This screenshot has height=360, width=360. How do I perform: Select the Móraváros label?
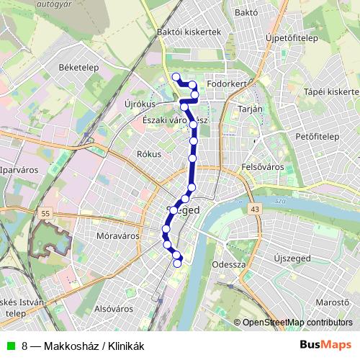(x=117, y=235)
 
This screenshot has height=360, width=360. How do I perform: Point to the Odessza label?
(x=230, y=264)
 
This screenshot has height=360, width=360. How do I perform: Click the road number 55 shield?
(x=46, y=214)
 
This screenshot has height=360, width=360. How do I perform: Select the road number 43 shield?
(x=256, y=209)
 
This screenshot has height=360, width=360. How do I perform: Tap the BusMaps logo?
(x=325, y=345)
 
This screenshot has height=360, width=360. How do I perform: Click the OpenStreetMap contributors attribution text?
(x=297, y=323)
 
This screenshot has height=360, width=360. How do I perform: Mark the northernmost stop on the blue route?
(x=176, y=76)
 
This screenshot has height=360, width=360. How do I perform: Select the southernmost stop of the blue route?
(x=178, y=263)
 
